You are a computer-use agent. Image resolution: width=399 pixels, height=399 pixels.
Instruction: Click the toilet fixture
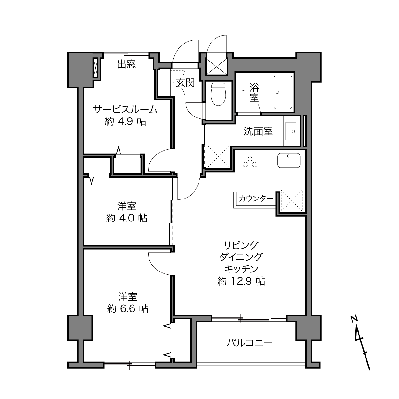coord(218,94)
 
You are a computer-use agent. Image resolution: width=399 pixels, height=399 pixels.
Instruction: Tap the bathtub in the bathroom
coord(283,92)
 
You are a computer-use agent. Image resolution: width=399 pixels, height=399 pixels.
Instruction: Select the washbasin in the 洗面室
coord(290,131)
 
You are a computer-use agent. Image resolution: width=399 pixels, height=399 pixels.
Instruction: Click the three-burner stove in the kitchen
coord(250,160)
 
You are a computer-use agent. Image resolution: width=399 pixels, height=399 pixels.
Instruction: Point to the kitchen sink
coord(289,160)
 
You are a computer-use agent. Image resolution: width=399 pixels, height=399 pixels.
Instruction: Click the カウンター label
coord(256,199)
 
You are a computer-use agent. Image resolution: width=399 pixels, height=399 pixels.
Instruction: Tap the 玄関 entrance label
coord(185,83)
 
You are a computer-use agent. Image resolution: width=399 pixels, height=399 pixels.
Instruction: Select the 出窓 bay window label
coord(127,64)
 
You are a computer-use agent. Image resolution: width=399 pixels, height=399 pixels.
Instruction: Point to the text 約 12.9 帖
coord(241,281)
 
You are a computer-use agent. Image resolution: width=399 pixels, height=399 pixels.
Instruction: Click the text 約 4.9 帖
coord(125,121)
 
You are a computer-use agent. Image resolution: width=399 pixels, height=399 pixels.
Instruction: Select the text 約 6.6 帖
coord(127,309)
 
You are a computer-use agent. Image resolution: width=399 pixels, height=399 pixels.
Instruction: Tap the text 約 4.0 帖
coord(127,218)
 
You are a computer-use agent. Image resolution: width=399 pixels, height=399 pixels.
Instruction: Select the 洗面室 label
coord(258,131)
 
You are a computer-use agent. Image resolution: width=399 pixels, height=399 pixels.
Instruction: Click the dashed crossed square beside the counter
coord(292,201)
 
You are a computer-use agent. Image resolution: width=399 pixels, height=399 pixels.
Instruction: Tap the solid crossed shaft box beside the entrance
coord(216,66)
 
